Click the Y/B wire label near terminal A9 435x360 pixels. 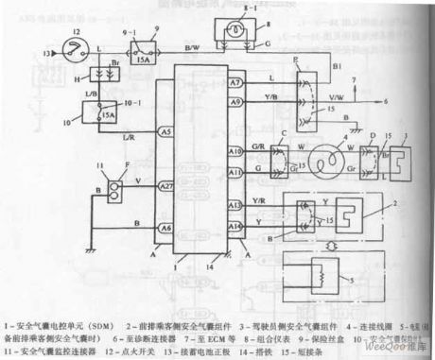[x=270, y=94]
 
